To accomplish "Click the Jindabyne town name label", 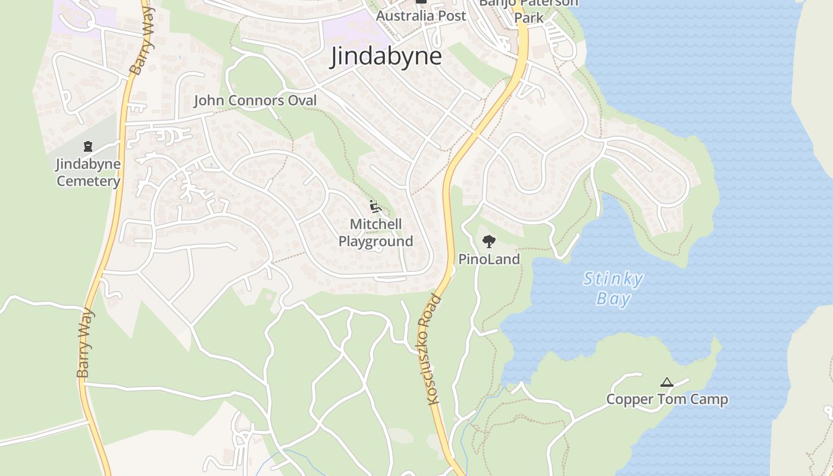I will (386, 56).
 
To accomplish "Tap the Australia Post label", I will (421, 16).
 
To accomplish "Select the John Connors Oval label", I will (255, 101).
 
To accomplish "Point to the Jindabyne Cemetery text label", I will (88, 173).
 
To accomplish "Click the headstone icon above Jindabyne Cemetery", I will (88, 146).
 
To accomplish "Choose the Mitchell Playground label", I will (375, 233).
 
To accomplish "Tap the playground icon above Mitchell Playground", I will (375, 207).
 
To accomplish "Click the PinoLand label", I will (489, 259).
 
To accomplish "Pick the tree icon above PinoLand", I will (489, 241).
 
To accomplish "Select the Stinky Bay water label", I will (613, 288).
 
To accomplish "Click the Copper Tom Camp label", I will (667, 399).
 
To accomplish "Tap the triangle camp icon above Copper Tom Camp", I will (667, 382).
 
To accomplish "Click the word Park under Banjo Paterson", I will (528, 18).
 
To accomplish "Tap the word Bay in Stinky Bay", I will (613, 298).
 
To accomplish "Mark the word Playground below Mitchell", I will (375, 242).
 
